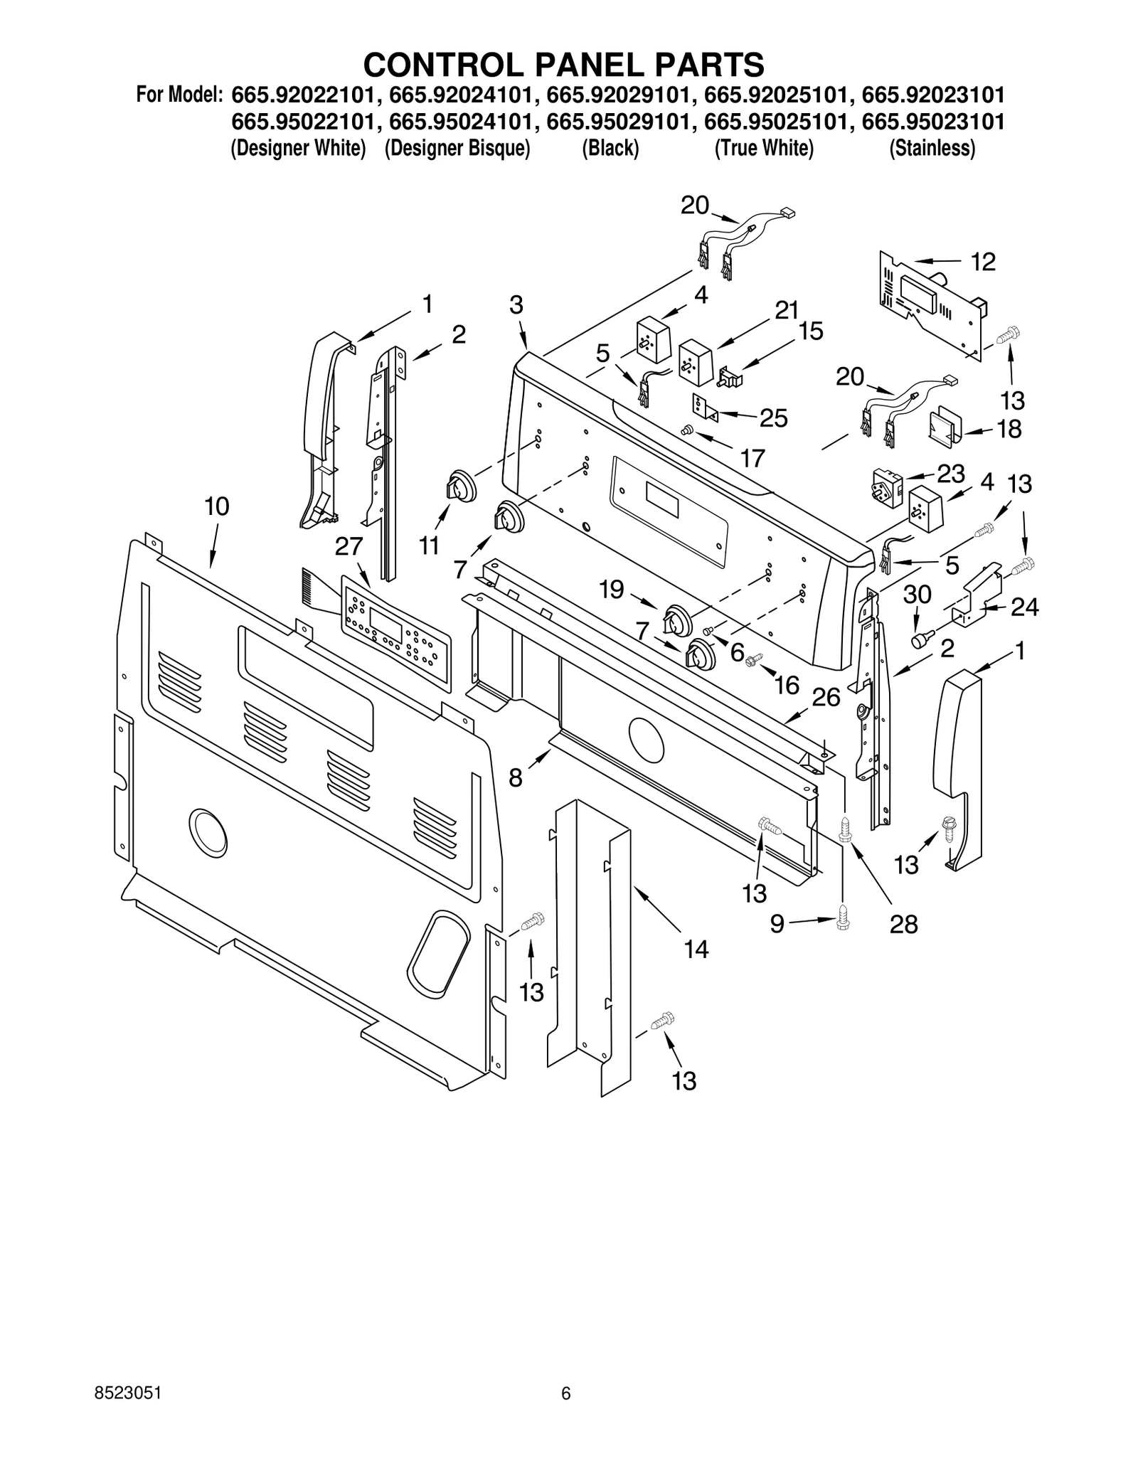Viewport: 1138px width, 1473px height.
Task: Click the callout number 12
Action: (983, 262)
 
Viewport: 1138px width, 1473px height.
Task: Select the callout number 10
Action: (216, 507)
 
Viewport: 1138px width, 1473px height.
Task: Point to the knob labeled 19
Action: (676, 621)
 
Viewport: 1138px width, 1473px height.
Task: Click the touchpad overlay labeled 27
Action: (395, 632)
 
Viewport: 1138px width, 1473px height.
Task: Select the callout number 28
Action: (903, 924)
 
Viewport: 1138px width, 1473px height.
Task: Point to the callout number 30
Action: (917, 594)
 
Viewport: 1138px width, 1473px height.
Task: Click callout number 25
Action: (773, 418)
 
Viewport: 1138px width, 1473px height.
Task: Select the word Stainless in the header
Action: (932, 149)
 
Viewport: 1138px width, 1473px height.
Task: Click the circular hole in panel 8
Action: (646, 740)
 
